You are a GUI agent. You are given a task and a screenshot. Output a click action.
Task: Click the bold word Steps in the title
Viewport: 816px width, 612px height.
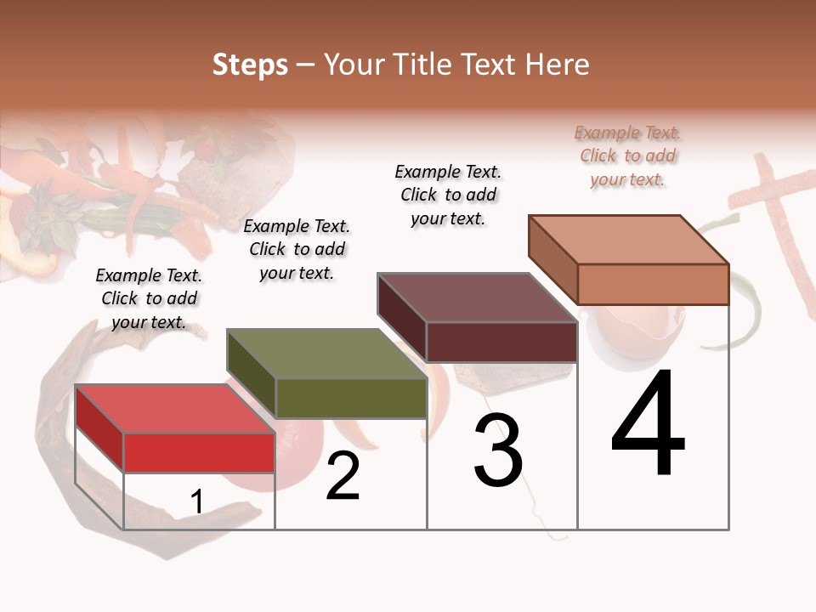click(x=250, y=65)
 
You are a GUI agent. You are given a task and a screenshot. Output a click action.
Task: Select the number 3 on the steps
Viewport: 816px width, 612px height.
click(x=498, y=450)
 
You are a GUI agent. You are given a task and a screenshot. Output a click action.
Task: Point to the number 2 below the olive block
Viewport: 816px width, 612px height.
click(x=343, y=476)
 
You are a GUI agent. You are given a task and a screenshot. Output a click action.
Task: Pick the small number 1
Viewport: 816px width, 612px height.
click(x=197, y=502)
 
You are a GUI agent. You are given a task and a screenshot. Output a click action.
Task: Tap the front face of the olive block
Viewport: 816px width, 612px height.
click(x=351, y=398)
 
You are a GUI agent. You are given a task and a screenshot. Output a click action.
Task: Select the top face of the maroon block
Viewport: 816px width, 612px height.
click(x=477, y=297)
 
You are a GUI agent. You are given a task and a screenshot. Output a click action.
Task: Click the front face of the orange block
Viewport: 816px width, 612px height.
click(x=653, y=284)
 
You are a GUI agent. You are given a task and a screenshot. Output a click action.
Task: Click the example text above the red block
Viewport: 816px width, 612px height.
click(x=149, y=298)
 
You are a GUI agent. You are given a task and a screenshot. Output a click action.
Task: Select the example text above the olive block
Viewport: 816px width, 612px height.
click(x=297, y=249)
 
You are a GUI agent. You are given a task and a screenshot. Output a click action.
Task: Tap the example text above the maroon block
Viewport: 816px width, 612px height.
click(x=448, y=195)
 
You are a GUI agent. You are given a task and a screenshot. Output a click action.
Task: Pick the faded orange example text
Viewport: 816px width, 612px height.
click(x=628, y=156)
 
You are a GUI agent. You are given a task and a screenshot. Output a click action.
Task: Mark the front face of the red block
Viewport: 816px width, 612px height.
click(x=199, y=452)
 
